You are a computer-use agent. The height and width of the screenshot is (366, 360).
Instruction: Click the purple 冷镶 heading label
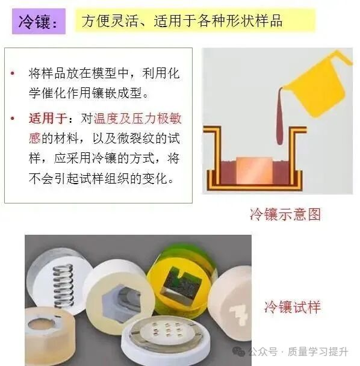(x=39, y=22)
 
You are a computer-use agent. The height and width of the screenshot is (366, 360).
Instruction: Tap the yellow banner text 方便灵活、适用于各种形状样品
(x=182, y=21)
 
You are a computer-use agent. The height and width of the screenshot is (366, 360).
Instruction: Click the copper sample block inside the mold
(x=255, y=170)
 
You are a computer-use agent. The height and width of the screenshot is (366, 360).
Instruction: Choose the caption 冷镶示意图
(x=285, y=214)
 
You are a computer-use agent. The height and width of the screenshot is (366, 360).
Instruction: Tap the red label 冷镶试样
(x=293, y=307)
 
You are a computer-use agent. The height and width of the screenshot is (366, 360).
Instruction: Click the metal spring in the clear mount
(x=63, y=285)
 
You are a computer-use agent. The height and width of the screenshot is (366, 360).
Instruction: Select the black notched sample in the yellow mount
(x=181, y=282)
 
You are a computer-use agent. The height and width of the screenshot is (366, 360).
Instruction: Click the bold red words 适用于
(x=48, y=118)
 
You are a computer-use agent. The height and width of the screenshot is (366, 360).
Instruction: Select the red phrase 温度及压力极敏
(x=137, y=118)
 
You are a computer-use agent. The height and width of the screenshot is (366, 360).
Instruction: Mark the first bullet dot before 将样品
(x=13, y=73)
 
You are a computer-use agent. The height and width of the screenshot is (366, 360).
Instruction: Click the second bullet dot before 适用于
(x=13, y=119)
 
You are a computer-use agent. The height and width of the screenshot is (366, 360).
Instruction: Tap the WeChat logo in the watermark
(x=238, y=352)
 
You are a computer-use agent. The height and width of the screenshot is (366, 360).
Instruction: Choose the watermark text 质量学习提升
(x=318, y=352)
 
